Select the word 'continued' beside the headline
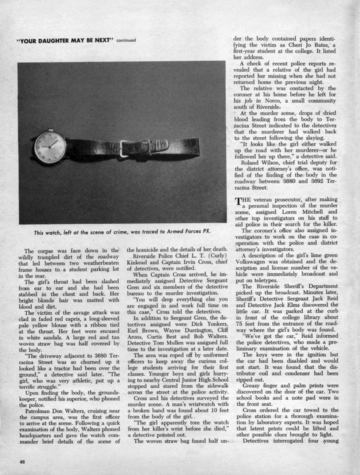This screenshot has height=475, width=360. pos(126,40)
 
